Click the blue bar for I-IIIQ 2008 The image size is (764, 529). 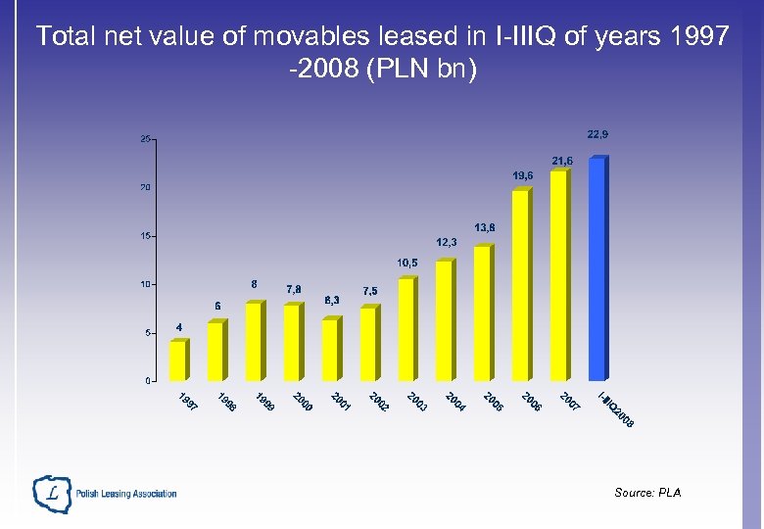click(x=597, y=269)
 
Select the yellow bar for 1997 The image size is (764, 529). click(x=178, y=361)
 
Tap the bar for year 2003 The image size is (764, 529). click(x=406, y=330)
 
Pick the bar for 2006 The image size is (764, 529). click(x=520, y=285)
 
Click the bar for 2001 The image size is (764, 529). click(x=330, y=349)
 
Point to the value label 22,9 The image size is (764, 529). click(x=597, y=134)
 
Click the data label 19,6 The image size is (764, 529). click(x=522, y=175)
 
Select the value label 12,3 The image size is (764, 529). click(x=447, y=242)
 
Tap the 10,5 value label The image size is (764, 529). click(x=407, y=263)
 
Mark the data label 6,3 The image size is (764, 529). click(x=332, y=300)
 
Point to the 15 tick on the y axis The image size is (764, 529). click(x=145, y=236)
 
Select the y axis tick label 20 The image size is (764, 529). click(x=145, y=187)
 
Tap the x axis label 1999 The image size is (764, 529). click(x=264, y=402)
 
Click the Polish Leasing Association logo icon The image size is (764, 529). click(x=51, y=494)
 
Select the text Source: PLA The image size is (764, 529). click(x=646, y=493)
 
